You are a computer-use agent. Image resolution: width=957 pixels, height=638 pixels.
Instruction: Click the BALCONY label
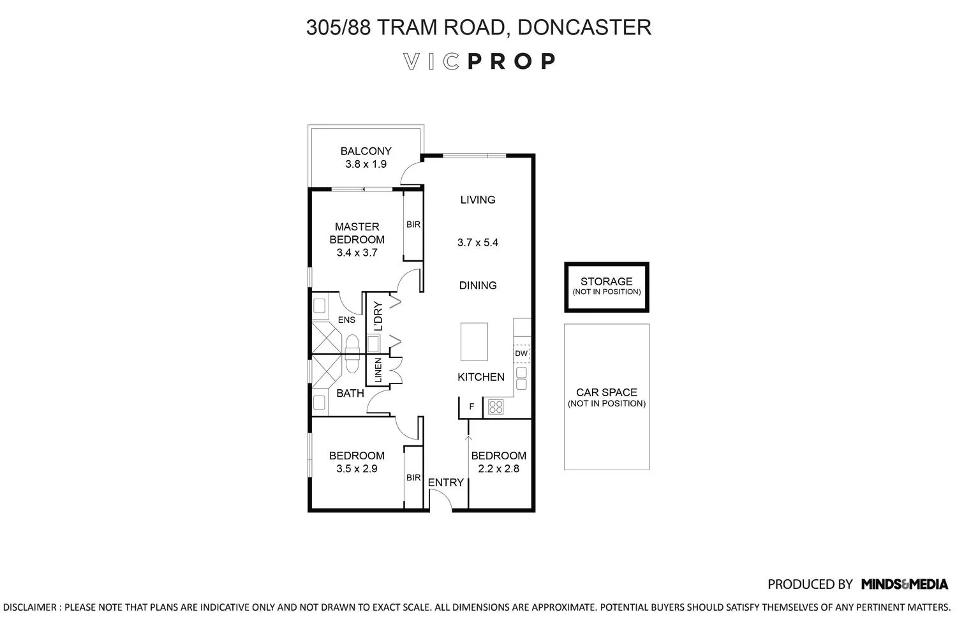pyautogui.click(x=366, y=151)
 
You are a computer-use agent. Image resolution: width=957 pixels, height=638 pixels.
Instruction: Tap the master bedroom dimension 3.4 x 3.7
pyautogui.click(x=357, y=253)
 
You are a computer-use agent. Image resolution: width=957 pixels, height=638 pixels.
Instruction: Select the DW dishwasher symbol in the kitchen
pyautogui.click(x=521, y=353)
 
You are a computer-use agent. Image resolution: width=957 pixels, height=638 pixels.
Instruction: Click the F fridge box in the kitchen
pyautogui.click(x=471, y=407)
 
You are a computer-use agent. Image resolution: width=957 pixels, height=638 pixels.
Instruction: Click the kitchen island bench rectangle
pyautogui.click(x=474, y=341)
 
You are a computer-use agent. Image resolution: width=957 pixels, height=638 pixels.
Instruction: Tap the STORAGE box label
pyautogui.click(x=606, y=281)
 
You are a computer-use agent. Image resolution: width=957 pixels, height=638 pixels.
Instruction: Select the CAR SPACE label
pyautogui.click(x=606, y=392)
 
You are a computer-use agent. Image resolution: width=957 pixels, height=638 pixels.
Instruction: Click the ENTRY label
pyautogui.click(x=445, y=483)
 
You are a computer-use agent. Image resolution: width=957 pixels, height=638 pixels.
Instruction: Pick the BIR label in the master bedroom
pyautogui.click(x=413, y=225)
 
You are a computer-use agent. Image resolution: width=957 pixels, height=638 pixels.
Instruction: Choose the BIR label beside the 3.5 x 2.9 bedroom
pyautogui.click(x=413, y=477)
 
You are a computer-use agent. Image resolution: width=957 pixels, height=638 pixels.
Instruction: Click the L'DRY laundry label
pyautogui.click(x=378, y=316)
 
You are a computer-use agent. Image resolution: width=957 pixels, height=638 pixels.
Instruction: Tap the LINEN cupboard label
pyautogui.click(x=378, y=371)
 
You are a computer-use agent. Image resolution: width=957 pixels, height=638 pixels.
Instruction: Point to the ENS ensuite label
pyautogui.click(x=346, y=320)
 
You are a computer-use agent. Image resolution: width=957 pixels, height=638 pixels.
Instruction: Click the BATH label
pyautogui.click(x=350, y=393)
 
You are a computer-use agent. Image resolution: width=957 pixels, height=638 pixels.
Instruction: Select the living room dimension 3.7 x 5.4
pyautogui.click(x=478, y=242)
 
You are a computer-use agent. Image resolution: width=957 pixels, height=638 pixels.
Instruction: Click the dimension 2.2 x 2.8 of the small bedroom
pyautogui.click(x=498, y=469)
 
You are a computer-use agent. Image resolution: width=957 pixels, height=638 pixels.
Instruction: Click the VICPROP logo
pyautogui.click(x=479, y=61)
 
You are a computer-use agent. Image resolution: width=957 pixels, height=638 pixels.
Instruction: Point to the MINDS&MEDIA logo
pyautogui.click(x=904, y=584)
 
